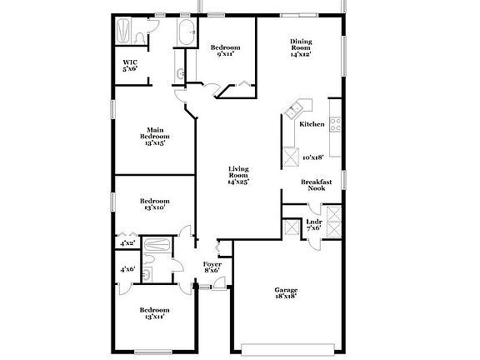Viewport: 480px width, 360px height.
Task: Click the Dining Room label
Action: point(301,47)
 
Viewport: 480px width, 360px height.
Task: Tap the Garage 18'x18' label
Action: point(286,292)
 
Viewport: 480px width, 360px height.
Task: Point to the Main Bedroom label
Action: point(154,136)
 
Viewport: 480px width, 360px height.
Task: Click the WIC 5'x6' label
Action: point(130,65)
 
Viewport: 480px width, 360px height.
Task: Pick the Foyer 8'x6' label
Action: point(212,267)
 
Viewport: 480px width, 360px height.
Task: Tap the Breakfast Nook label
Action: point(317,185)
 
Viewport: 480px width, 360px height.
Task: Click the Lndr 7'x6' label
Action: point(313,224)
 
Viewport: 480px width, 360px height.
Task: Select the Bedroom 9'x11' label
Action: point(225,50)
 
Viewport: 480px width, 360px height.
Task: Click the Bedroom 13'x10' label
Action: point(155,204)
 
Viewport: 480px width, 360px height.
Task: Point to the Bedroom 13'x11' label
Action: point(155,313)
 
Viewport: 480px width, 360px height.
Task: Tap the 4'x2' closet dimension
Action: point(127,243)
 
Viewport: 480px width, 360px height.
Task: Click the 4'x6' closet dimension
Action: point(127,269)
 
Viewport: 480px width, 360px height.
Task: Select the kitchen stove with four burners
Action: point(335,125)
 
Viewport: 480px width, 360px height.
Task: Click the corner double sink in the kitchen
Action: point(296,109)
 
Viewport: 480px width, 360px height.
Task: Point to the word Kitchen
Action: point(312,124)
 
